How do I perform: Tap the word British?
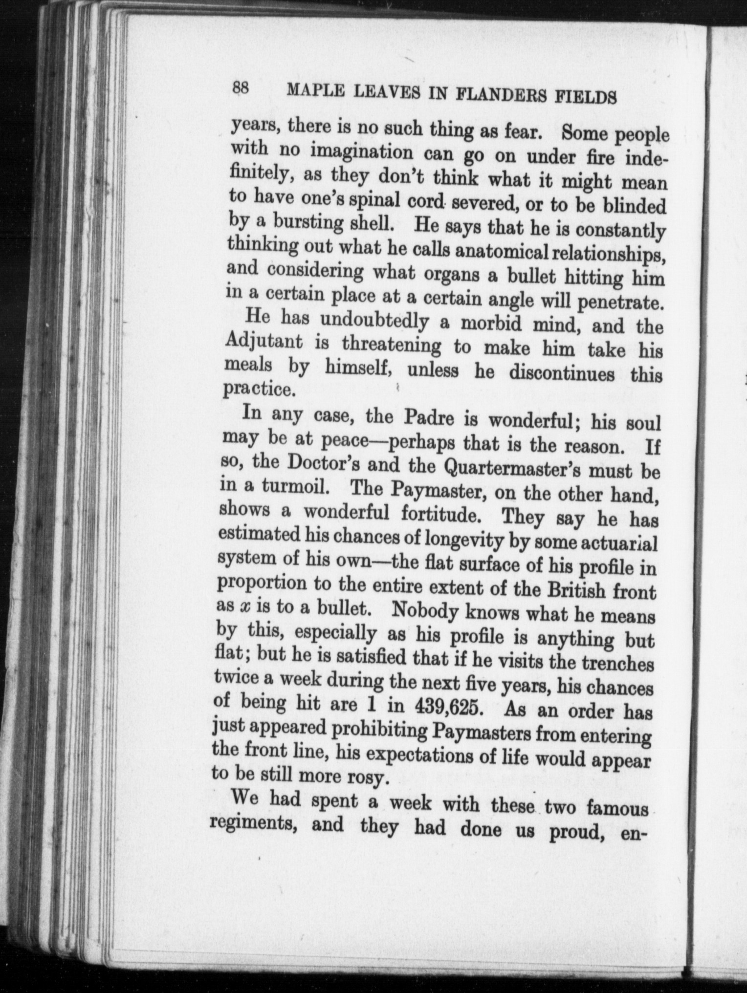click(575, 590)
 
